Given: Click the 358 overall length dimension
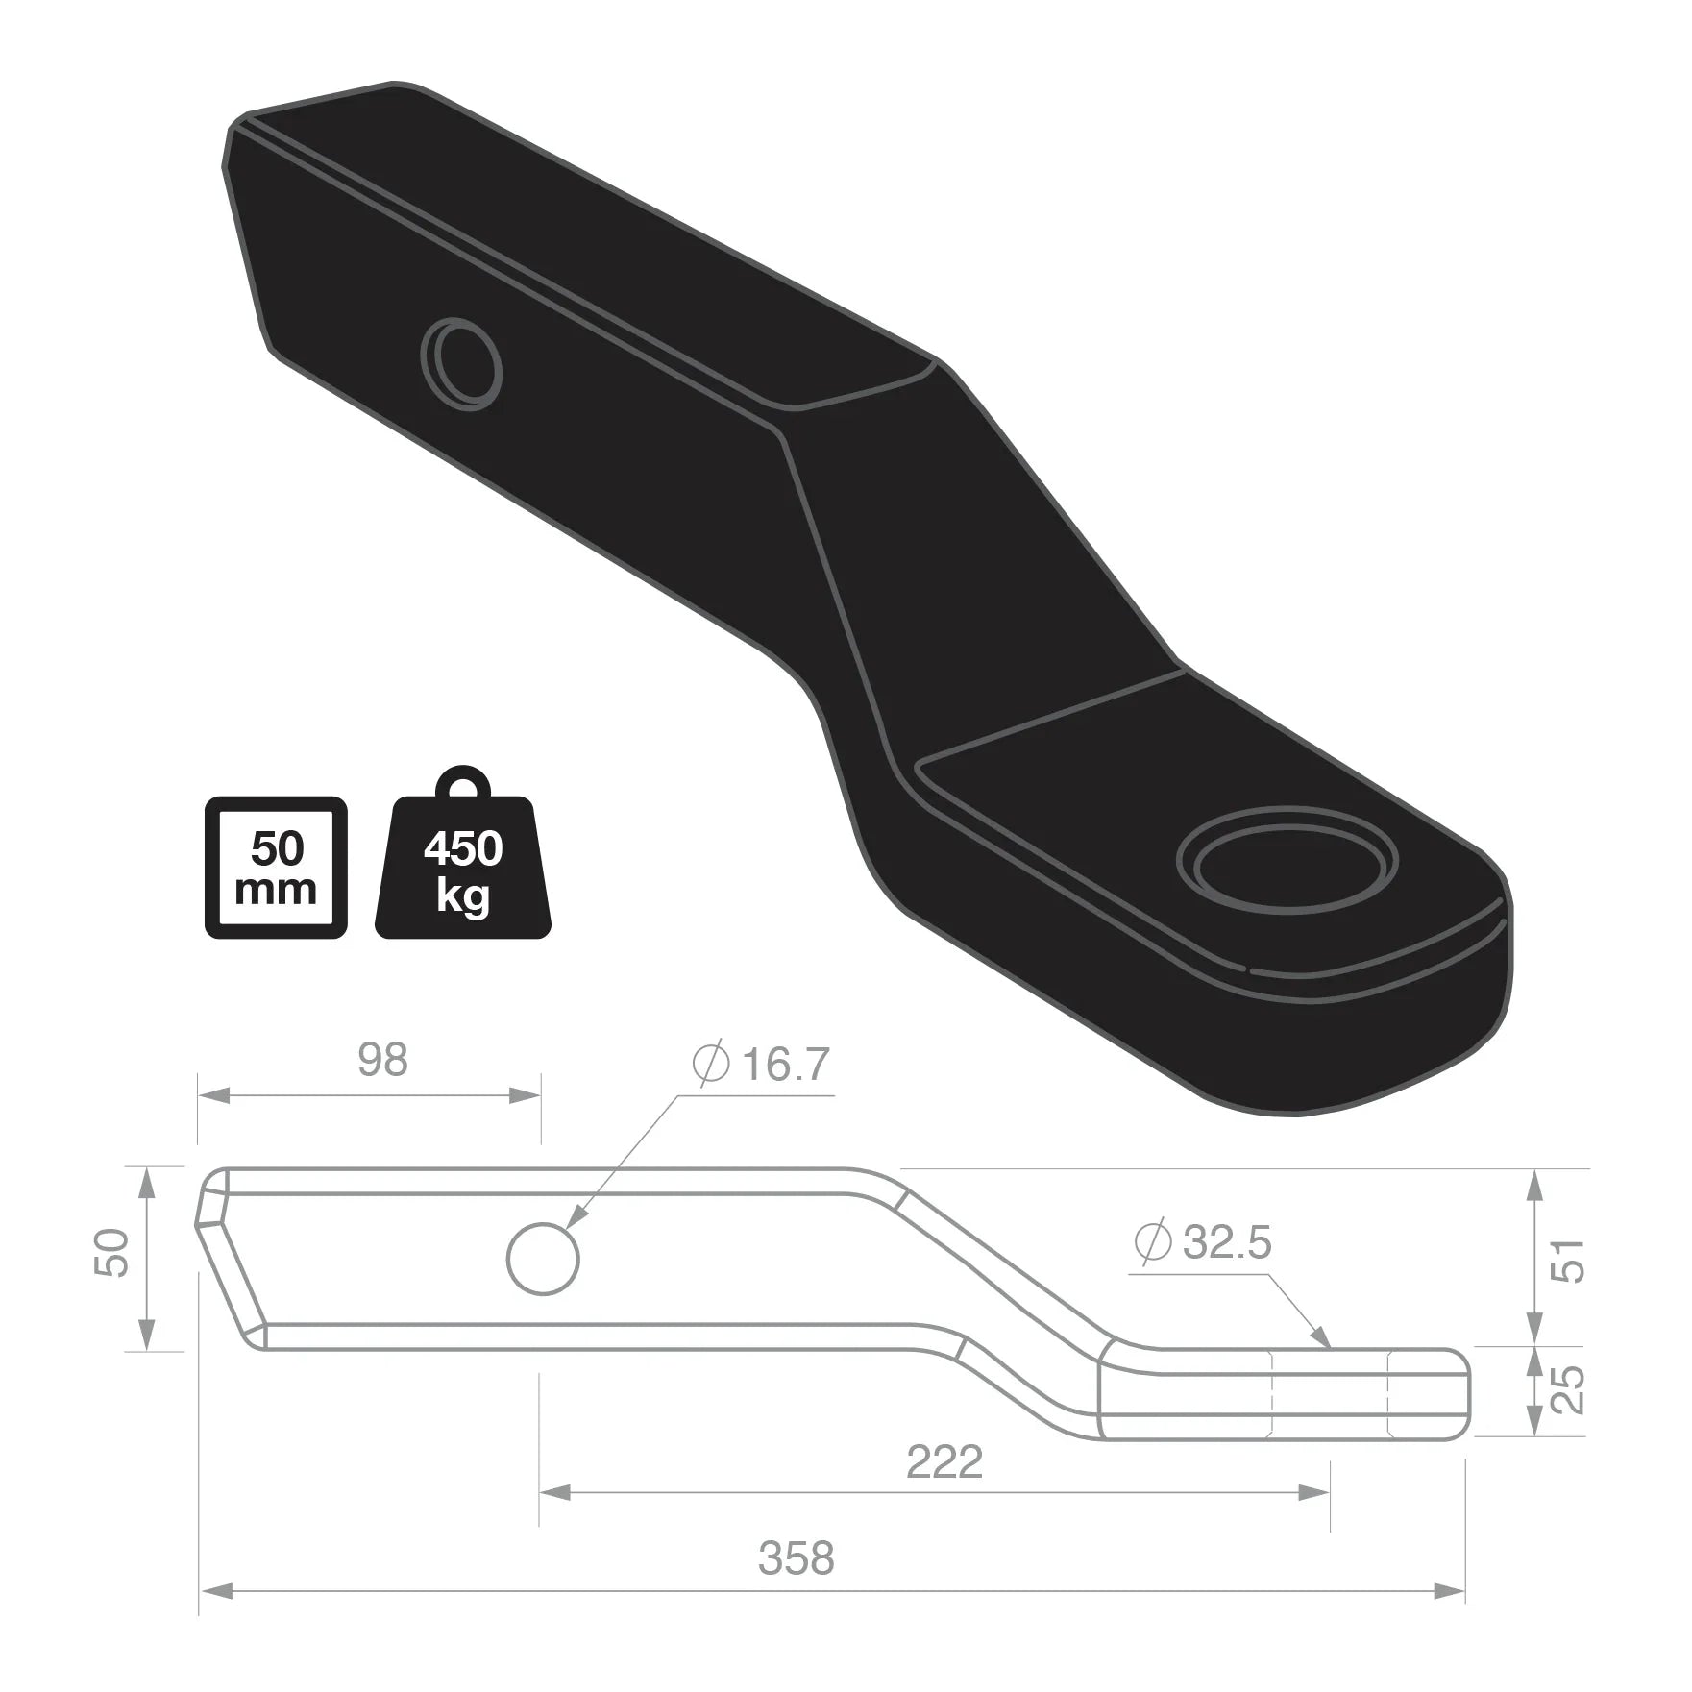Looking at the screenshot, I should [796, 1557].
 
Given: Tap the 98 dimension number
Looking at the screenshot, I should [382, 1060].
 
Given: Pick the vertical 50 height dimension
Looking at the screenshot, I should [113, 1253].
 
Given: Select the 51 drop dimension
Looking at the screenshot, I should [1567, 1260].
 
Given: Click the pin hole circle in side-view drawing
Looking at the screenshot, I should [543, 1259].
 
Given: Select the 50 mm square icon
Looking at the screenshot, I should [276, 868].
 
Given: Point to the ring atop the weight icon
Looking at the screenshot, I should [462, 783].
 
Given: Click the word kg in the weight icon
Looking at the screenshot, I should [462, 896].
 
